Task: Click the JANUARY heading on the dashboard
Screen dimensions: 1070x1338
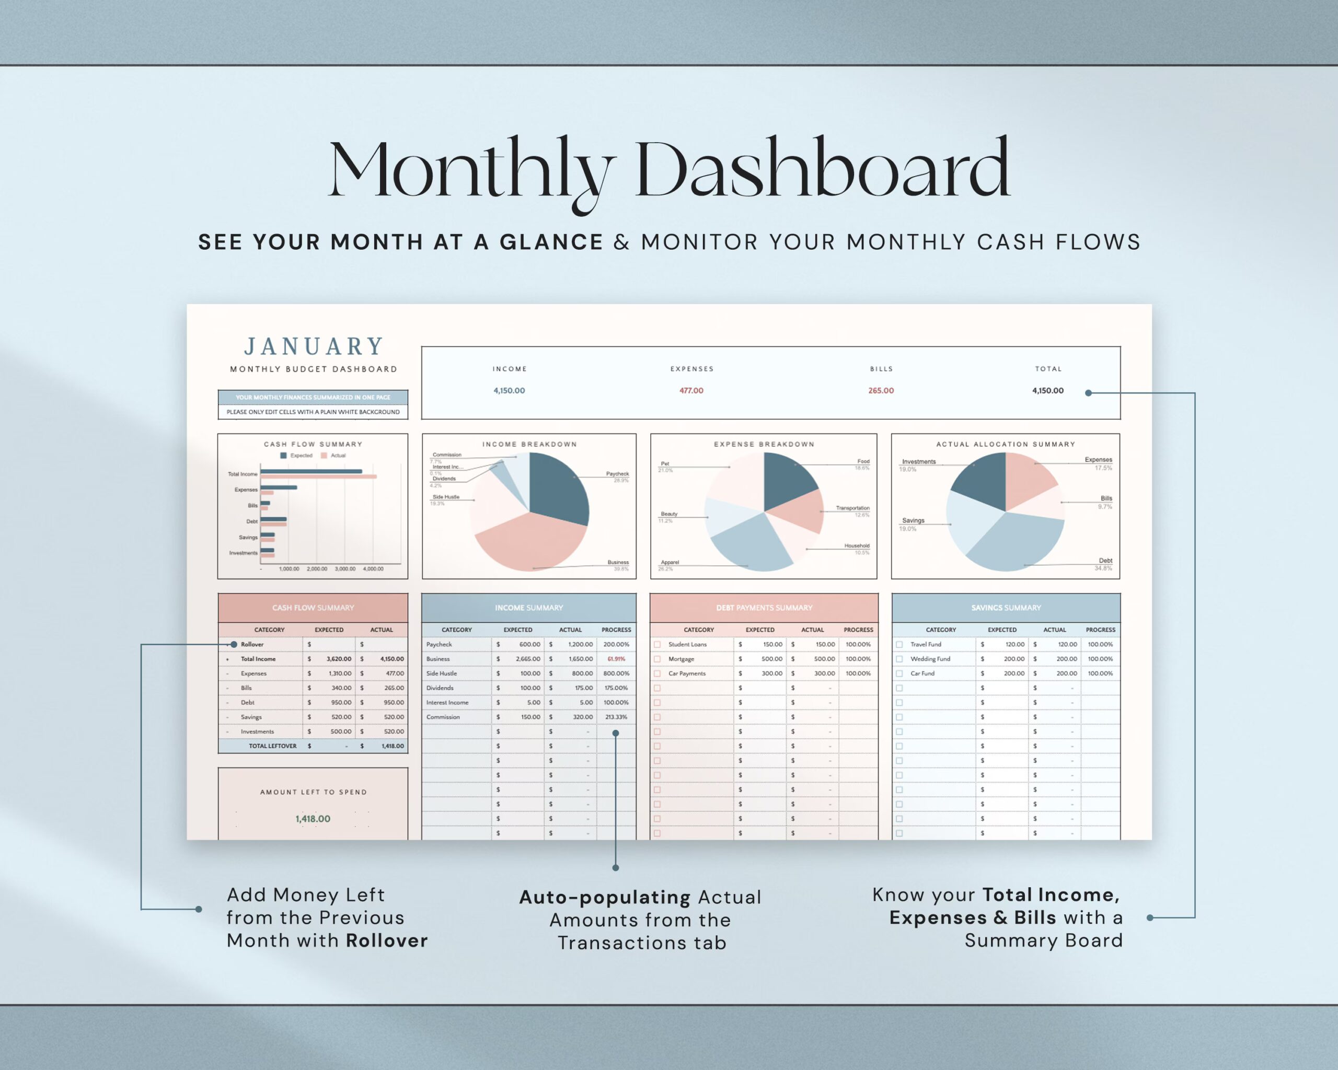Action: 314,346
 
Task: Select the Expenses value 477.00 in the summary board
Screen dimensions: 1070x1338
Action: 691,391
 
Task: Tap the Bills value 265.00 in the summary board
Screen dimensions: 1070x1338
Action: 881,391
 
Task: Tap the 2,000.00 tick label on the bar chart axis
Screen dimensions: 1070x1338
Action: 317,569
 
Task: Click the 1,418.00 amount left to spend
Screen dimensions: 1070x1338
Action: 313,819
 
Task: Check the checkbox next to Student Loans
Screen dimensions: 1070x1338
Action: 657,645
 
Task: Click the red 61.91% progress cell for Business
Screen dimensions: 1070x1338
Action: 616,659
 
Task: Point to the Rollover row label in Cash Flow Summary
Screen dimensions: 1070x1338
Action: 252,645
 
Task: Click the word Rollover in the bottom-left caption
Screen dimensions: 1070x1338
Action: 387,940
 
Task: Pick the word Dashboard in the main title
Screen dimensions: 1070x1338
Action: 822,169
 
